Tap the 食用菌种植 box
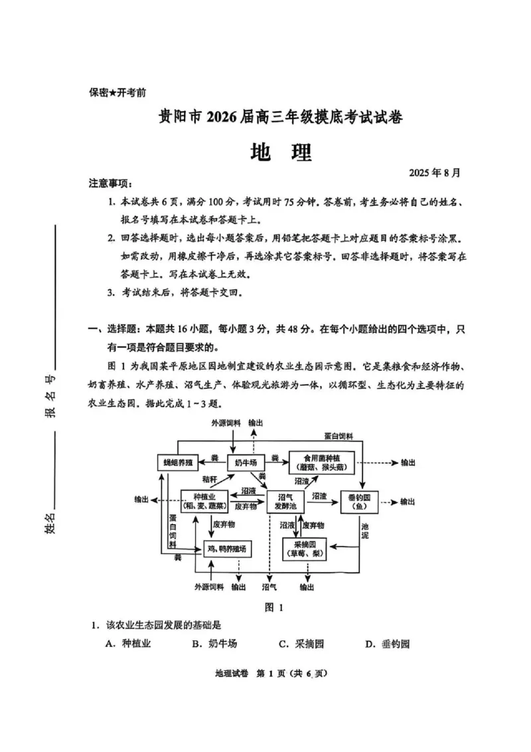(323, 461)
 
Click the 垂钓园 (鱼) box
(362, 502)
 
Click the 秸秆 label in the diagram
(210, 479)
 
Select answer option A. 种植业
(129, 644)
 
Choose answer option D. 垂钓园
(388, 644)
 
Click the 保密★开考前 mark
(117, 94)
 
